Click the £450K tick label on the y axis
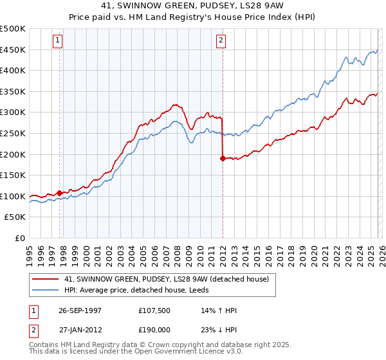(x=13, y=50)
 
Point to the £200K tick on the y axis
(x=13, y=154)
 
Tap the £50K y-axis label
(x=15, y=217)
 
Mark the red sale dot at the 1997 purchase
(x=60, y=193)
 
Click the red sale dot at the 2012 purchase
(x=223, y=158)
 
